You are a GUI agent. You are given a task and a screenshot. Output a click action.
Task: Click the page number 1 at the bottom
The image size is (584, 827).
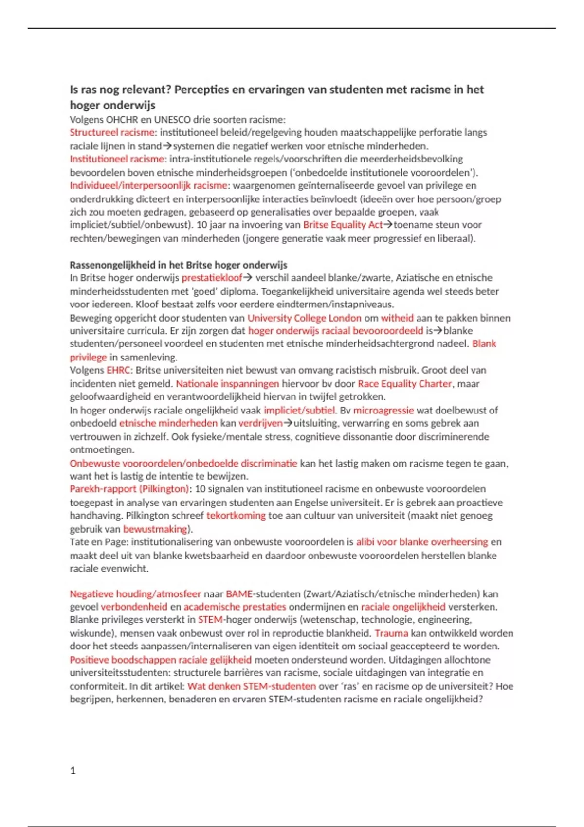click(73, 770)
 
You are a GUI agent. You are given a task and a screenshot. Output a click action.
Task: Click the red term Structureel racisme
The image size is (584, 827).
click(112, 132)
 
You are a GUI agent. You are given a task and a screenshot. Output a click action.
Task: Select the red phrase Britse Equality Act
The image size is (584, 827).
click(343, 225)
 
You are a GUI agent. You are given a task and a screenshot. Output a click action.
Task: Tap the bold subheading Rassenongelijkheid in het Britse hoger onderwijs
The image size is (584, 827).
click(178, 265)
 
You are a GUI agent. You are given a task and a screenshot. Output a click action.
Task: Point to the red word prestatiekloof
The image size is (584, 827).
click(212, 278)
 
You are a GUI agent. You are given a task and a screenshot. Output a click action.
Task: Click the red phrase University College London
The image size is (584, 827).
click(304, 318)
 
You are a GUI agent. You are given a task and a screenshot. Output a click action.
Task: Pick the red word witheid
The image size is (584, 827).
click(397, 318)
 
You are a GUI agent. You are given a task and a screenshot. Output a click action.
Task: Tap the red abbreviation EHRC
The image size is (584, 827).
click(119, 370)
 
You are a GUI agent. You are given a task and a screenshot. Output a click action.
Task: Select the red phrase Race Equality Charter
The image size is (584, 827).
click(405, 383)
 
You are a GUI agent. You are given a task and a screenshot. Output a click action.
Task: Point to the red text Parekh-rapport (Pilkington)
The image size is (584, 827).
click(129, 489)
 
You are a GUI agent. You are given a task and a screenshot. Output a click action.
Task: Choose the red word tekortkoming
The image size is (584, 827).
click(236, 516)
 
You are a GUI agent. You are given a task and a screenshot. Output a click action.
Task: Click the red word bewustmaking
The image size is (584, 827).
click(155, 529)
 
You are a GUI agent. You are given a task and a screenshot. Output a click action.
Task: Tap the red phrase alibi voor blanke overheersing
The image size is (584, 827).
click(422, 542)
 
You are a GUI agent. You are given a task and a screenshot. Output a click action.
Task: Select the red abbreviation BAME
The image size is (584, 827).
click(239, 594)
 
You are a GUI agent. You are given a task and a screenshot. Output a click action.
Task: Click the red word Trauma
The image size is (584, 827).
click(391, 633)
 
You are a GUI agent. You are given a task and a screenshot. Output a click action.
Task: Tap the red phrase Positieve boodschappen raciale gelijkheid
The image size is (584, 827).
click(161, 660)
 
